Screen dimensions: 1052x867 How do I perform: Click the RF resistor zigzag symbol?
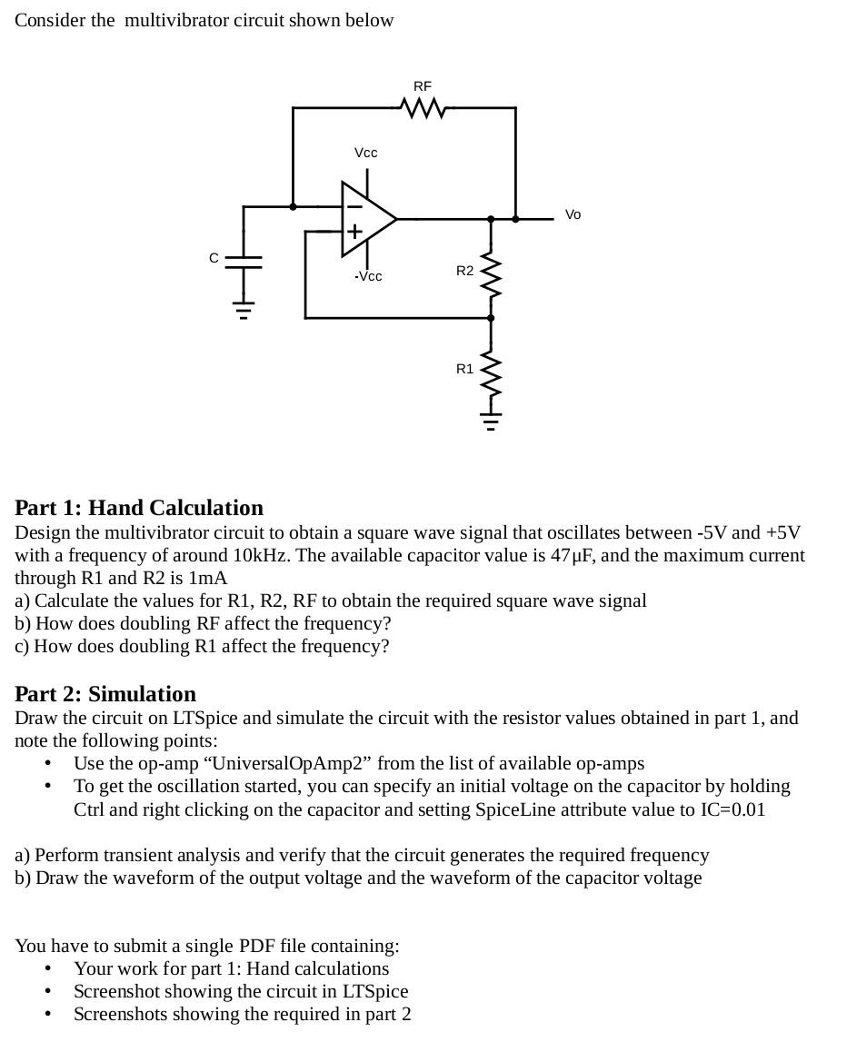tap(423, 108)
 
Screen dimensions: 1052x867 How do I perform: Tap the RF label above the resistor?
tap(423, 86)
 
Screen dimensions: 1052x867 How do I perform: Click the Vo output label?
tap(573, 215)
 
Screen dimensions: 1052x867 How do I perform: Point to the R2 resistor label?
tap(464, 271)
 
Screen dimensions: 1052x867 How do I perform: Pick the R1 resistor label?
tap(464, 369)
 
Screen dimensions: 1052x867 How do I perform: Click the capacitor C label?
tap(214, 258)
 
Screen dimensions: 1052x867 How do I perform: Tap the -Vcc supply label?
tap(368, 276)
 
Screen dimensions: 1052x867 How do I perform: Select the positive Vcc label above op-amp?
tap(365, 153)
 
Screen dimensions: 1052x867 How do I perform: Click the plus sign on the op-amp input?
tap(354, 232)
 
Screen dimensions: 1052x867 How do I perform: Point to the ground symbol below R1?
tap(491, 422)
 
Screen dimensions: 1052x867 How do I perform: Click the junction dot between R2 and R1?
tap(491, 318)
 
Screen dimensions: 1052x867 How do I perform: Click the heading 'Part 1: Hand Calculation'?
tap(139, 508)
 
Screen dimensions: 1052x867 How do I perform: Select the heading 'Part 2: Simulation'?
tap(105, 694)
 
